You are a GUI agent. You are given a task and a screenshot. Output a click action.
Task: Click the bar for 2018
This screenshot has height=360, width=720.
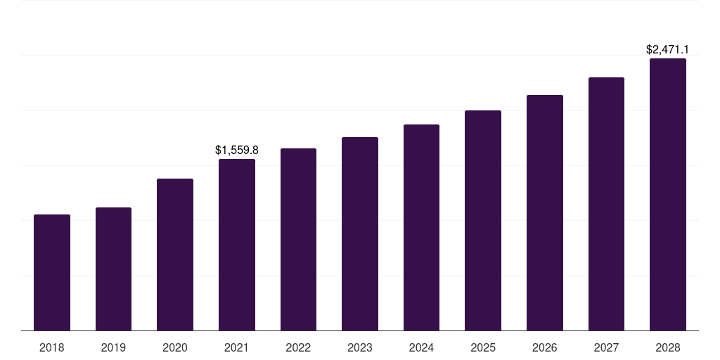click(52, 272)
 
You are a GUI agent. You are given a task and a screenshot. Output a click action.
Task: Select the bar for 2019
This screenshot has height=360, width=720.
click(113, 269)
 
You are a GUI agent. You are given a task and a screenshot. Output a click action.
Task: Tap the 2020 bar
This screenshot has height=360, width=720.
click(175, 255)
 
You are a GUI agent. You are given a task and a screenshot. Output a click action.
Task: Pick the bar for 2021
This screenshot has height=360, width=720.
click(237, 245)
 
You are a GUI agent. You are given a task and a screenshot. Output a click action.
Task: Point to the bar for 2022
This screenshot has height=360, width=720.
click(298, 239)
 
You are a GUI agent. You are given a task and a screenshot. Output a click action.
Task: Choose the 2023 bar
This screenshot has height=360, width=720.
click(360, 233)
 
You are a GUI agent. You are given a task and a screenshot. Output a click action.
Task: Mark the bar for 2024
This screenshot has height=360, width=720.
click(422, 227)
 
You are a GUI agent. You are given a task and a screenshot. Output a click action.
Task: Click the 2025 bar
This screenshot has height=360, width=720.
click(483, 220)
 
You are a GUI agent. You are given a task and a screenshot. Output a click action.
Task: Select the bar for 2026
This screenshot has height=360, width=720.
click(545, 212)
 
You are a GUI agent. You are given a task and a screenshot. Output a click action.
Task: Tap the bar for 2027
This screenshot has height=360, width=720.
click(606, 204)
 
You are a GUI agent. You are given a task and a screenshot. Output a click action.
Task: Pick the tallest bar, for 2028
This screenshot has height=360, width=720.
click(668, 194)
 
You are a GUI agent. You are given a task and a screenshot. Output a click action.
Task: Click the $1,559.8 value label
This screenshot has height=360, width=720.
click(237, 150)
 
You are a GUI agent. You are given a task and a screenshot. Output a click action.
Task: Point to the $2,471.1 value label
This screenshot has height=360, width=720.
click(667, 50)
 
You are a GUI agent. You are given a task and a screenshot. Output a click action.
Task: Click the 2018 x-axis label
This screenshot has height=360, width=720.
click(52, 347)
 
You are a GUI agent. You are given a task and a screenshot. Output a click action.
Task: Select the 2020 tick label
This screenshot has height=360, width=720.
click(175, 347)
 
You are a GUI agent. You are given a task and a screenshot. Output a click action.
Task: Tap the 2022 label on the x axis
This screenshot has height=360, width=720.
click(298, 347)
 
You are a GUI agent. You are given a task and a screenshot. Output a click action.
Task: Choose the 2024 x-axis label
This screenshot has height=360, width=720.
click(422, 347)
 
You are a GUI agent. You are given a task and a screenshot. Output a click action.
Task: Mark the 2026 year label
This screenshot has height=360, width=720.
click(545, 347)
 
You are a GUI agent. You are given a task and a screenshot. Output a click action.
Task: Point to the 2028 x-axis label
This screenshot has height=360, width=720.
click(668, 347)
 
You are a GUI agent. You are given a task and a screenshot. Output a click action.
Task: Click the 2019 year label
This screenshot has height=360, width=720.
click(113, 347)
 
